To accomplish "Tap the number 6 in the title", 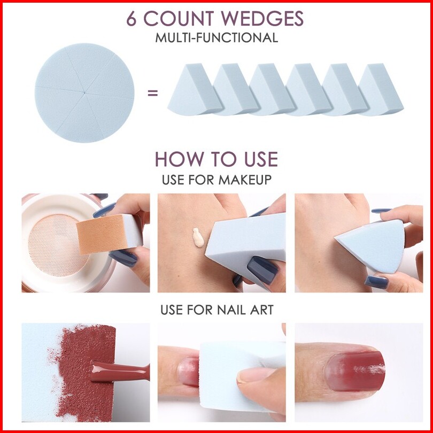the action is pos(132,19).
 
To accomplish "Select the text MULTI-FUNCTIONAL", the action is pos(216,38).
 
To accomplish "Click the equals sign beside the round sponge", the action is pos(153,93).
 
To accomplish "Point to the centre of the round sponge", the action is pos(84,93).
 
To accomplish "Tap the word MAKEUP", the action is pos(245,180).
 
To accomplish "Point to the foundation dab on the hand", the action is pos(198,237).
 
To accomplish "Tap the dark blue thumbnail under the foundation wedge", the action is pos(262,269).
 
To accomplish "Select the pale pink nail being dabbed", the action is pos(188,372).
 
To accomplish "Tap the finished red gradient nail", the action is pos(355,371).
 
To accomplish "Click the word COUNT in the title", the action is pos(179,19).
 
